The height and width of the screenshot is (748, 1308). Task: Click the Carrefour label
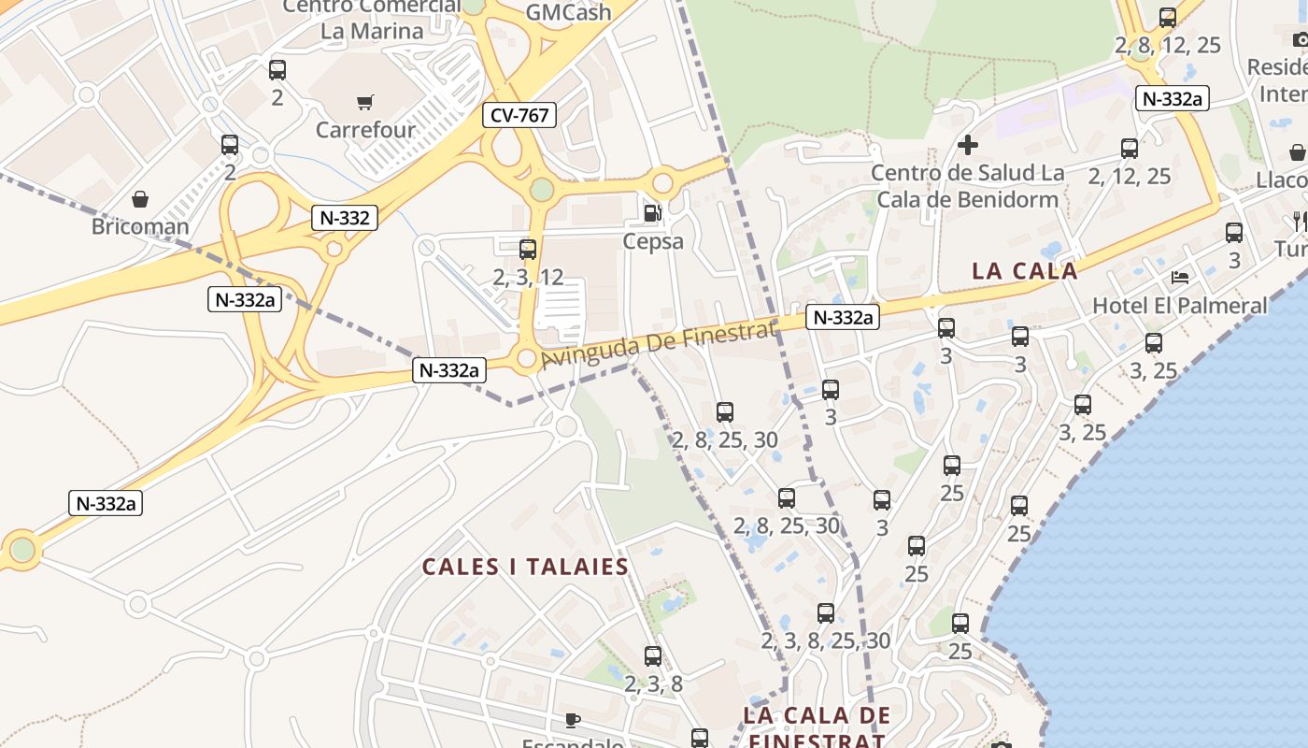coord(365,130)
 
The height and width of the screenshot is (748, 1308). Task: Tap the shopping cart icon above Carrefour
coord(364,102)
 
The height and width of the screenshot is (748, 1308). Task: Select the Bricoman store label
coord(140,226)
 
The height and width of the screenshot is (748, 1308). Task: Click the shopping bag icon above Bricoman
coord(140,199)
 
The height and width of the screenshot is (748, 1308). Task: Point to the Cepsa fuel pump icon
coord(652,213)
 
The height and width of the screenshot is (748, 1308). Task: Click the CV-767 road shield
coord(519,115)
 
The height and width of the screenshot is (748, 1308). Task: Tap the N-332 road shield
coord(345,219)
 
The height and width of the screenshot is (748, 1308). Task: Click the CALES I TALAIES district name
coord(525,568)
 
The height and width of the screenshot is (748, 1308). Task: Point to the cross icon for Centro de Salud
coord(968,145)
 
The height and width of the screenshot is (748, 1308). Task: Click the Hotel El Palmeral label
coord(1180,306)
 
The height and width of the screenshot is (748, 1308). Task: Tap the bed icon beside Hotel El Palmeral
coord(1181,278)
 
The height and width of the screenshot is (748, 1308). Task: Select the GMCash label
coord(568,13)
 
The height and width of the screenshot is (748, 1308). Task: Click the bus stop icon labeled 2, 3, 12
coord(528,250)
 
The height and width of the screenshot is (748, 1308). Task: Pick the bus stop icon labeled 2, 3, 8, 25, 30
coord(826,613)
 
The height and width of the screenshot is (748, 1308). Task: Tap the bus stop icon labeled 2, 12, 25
coord(1130,149)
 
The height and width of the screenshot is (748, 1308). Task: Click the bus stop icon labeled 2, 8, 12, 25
coord(1168,18)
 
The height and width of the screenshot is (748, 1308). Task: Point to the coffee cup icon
coord(573,720)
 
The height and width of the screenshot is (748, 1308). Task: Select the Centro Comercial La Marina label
coord(372,19)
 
